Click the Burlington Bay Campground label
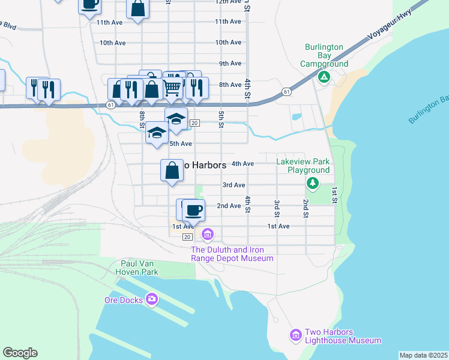(x=324, y=55)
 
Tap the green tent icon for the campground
(x=324, y=77)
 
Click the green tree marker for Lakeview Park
(x=312, y=182)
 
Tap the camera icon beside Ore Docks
(x=152, y=299)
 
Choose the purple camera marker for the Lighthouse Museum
(x=295, y=335)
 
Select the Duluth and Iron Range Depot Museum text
(x=232, y=254)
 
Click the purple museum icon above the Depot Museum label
(x=208, y=233)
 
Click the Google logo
(x=20, y=353)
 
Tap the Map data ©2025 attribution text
(x=423, y=355)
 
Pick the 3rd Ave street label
(x=234, y=185)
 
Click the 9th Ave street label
(x=230, y=64)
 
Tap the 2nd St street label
(x=306, y=208)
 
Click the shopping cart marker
(x=173, y=88)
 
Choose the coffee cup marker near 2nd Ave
(x=193, y=210)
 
